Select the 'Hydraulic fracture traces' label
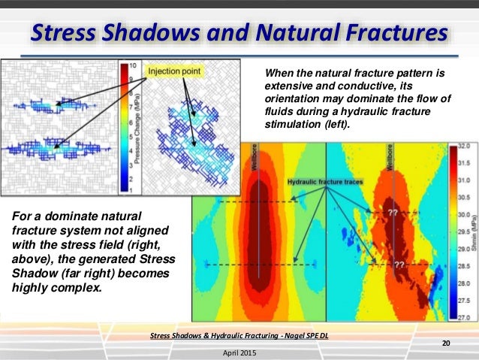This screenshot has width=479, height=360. (325, 182)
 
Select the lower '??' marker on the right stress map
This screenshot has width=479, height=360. (400, 265)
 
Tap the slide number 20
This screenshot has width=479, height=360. (446, 343)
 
